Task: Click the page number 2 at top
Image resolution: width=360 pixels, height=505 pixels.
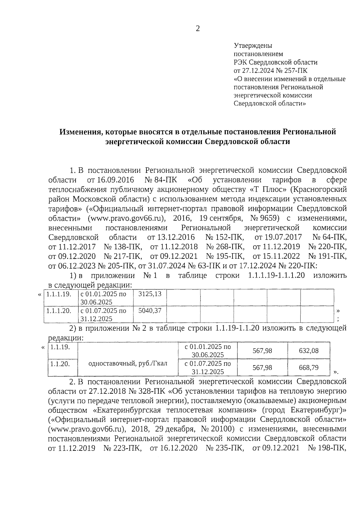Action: point(197,29)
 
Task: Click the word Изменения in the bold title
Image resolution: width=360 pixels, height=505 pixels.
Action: point(79,132)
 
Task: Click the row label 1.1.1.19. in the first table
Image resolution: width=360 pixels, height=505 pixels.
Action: point(59,294)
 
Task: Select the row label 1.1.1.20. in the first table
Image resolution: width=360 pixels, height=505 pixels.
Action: point(59,311)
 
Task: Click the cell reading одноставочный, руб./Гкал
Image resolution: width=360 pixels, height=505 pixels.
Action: point(128,364)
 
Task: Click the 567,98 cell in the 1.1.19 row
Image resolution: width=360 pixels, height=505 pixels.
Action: point(262,350)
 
